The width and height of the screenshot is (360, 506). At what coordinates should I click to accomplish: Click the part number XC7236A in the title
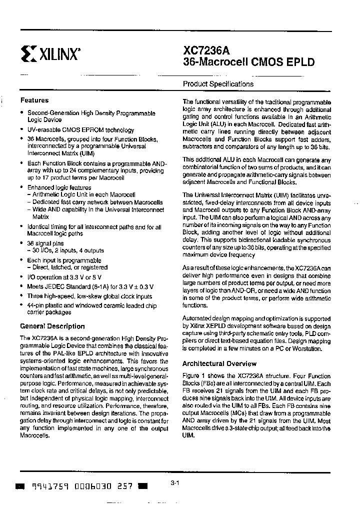[x=204, y=50]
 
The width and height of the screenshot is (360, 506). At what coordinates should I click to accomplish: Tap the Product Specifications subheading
[x=218, y=84]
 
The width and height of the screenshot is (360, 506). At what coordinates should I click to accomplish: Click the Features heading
[x=34, y=100]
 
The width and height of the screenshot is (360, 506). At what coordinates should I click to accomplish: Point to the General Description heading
[x=52, y=326]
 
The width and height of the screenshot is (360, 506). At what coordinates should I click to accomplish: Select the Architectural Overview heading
[x=219, y=363]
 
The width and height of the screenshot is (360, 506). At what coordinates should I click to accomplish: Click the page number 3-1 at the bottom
[x=174, y=483]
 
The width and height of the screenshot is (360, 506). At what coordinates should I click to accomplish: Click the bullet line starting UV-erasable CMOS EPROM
[x=80, y=130]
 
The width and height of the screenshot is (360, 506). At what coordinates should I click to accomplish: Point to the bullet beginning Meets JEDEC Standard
[x=90, y=286]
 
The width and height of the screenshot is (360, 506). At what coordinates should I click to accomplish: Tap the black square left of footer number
[x=20, y=486]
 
